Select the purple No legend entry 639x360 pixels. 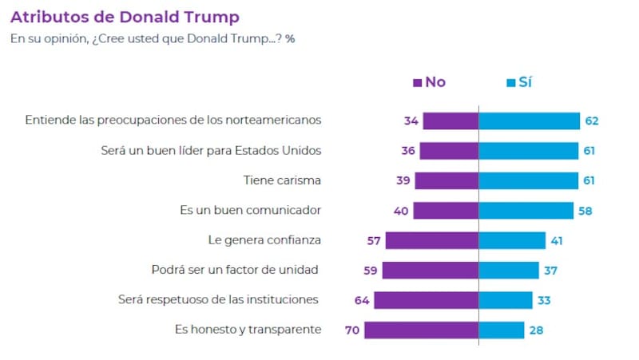[x=429, y=82]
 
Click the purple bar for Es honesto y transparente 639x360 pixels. [x=423, y=330]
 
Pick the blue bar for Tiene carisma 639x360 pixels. [x=528, y=180]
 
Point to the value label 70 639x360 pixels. [x=352, y=330]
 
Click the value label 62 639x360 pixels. [x=591, y=121]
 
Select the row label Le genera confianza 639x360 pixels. [x=264, y=239]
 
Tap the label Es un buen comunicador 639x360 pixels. [x=250, y=210]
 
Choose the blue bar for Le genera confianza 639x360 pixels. [x=512, y=239]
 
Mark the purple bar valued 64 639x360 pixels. [x=426, y=300]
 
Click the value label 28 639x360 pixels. [x=536, y=330]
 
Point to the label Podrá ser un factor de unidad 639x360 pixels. [x=235, y=270]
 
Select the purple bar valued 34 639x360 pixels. [x=450, y=121]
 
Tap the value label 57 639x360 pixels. [x=372, y=239]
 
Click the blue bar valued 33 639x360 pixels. [x=506, y=300]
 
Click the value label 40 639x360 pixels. [x=400, y=210]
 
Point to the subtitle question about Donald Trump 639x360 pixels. [x=152, y=38]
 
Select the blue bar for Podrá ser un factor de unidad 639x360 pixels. [x=509, y=270]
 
